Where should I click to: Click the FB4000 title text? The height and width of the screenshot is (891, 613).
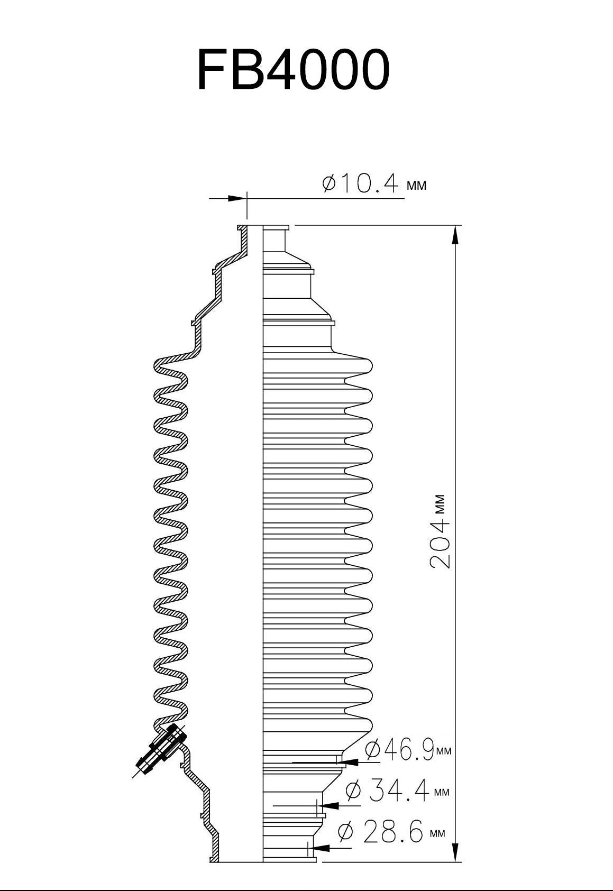pyautogui.click(x=294, y=71)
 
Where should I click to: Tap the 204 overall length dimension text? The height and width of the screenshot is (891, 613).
pyautogui.click(x=440, y=544)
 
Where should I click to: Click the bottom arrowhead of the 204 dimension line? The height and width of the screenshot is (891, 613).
pyautogui.click(x=455, y=852)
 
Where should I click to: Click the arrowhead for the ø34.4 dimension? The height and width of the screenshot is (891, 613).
pyautogui.click(x=330, y=805)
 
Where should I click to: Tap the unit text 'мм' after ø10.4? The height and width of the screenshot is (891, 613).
pyautogui.click(x=416, y=186)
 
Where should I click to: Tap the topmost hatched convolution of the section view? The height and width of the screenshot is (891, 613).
pyautogui.click(x=168, y=365)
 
